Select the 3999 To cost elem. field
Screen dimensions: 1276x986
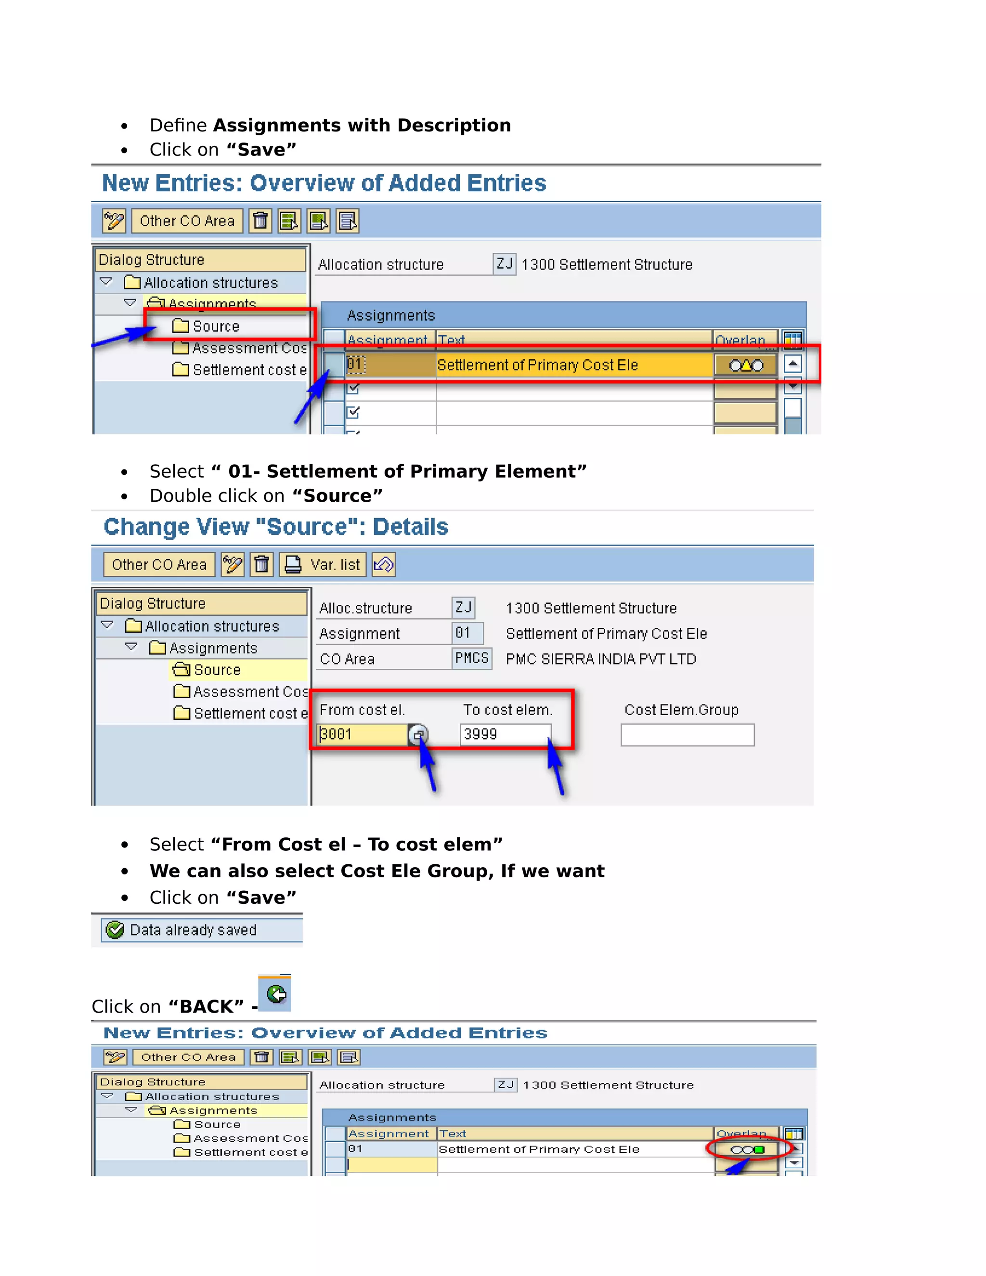point(505,734)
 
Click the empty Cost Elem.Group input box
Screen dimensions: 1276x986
point(687,735)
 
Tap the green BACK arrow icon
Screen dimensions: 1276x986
point(276,994)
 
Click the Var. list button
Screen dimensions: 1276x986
point(323,565)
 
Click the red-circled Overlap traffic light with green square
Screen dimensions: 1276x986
point(747,1149)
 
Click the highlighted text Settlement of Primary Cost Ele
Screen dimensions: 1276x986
point(537,365)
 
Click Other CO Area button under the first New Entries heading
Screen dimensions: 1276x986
point(187,221)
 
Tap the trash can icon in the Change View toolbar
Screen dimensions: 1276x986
point(262,565)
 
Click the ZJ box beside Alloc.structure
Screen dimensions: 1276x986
point(463,608)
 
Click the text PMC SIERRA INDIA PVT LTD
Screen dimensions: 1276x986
point(600,659)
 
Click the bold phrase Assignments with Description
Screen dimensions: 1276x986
point(362,125)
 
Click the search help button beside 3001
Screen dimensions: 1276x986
point(417,735)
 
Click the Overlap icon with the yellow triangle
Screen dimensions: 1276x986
point(745,365)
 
